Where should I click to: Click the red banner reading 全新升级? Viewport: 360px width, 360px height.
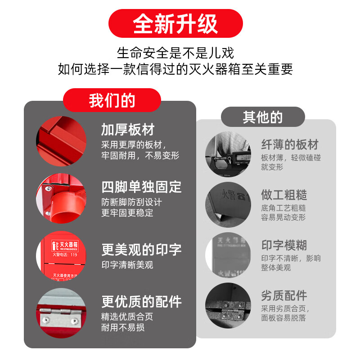coord(175,23)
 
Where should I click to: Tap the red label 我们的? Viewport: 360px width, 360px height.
coord(112,100)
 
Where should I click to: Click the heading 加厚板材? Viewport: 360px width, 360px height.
coord(128,130)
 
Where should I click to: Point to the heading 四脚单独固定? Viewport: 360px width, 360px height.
coord(141,187)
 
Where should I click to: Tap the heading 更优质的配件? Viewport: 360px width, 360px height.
coord(141,301)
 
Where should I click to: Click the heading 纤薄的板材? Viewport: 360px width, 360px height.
coord(290,144)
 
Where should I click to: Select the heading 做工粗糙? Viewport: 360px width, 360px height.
coord(284,194)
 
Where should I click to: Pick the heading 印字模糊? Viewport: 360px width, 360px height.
coord(284,245)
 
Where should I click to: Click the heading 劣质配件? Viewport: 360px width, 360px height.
coord(284,296)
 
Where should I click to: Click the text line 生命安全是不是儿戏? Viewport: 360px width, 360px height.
coord(175,53)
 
